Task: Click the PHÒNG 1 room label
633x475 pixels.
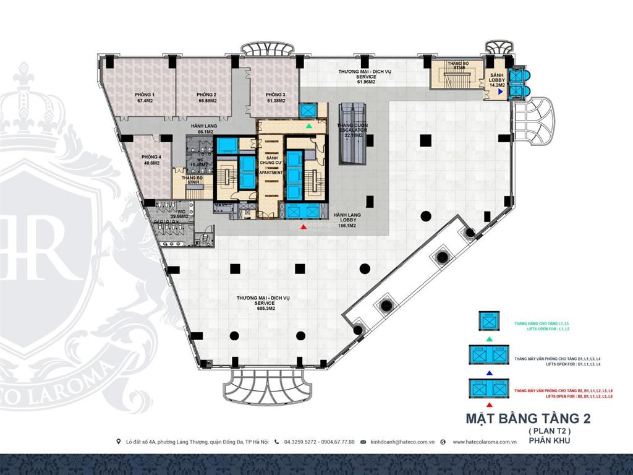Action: click(x=145, y=97)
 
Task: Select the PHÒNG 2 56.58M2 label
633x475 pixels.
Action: click(x=206, y=97)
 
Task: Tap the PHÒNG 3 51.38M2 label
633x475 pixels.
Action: click(x=268, y=97)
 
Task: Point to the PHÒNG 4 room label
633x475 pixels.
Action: click(x=151, y=160)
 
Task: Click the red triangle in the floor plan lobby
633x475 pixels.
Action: click(x=303, y=228)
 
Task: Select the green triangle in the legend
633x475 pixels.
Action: click(x=490, y=340)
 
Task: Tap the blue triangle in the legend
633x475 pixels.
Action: click(x=490, y=373)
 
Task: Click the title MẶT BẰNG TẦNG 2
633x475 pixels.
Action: click(x=527, y=419)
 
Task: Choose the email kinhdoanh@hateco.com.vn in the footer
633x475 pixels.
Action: click(x=402, y=442)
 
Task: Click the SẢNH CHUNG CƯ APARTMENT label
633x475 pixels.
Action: click(x=271, y=165)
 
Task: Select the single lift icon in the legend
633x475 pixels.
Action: click(x=490, y=322)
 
